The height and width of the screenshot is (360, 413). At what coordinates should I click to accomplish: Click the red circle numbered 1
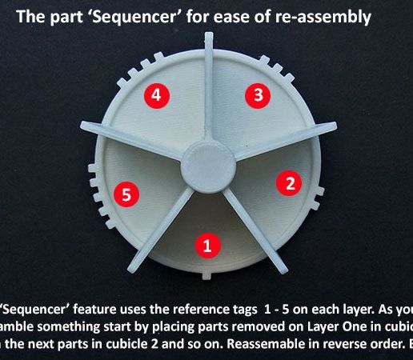[x=207, y=246]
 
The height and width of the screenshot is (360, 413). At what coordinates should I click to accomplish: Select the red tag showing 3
[x=256, y=95]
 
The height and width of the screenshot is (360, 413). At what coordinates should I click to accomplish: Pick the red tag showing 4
[x=156, y=95]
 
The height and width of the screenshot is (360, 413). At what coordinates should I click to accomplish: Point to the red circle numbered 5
[x=122, y=193]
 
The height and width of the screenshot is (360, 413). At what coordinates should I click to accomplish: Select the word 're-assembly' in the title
[x=325, y=16]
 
